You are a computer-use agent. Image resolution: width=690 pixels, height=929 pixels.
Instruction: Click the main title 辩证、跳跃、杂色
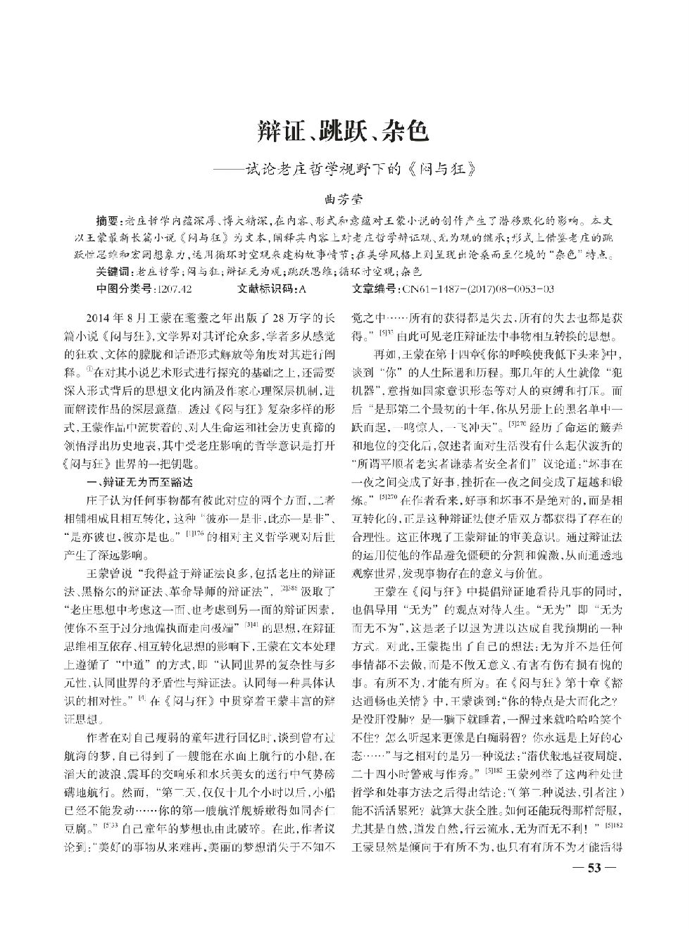344,132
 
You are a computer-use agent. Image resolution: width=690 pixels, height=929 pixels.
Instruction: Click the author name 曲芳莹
345,200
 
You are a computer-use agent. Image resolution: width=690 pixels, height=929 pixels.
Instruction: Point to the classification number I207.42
177,289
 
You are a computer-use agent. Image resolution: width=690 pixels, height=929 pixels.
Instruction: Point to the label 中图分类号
125,289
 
